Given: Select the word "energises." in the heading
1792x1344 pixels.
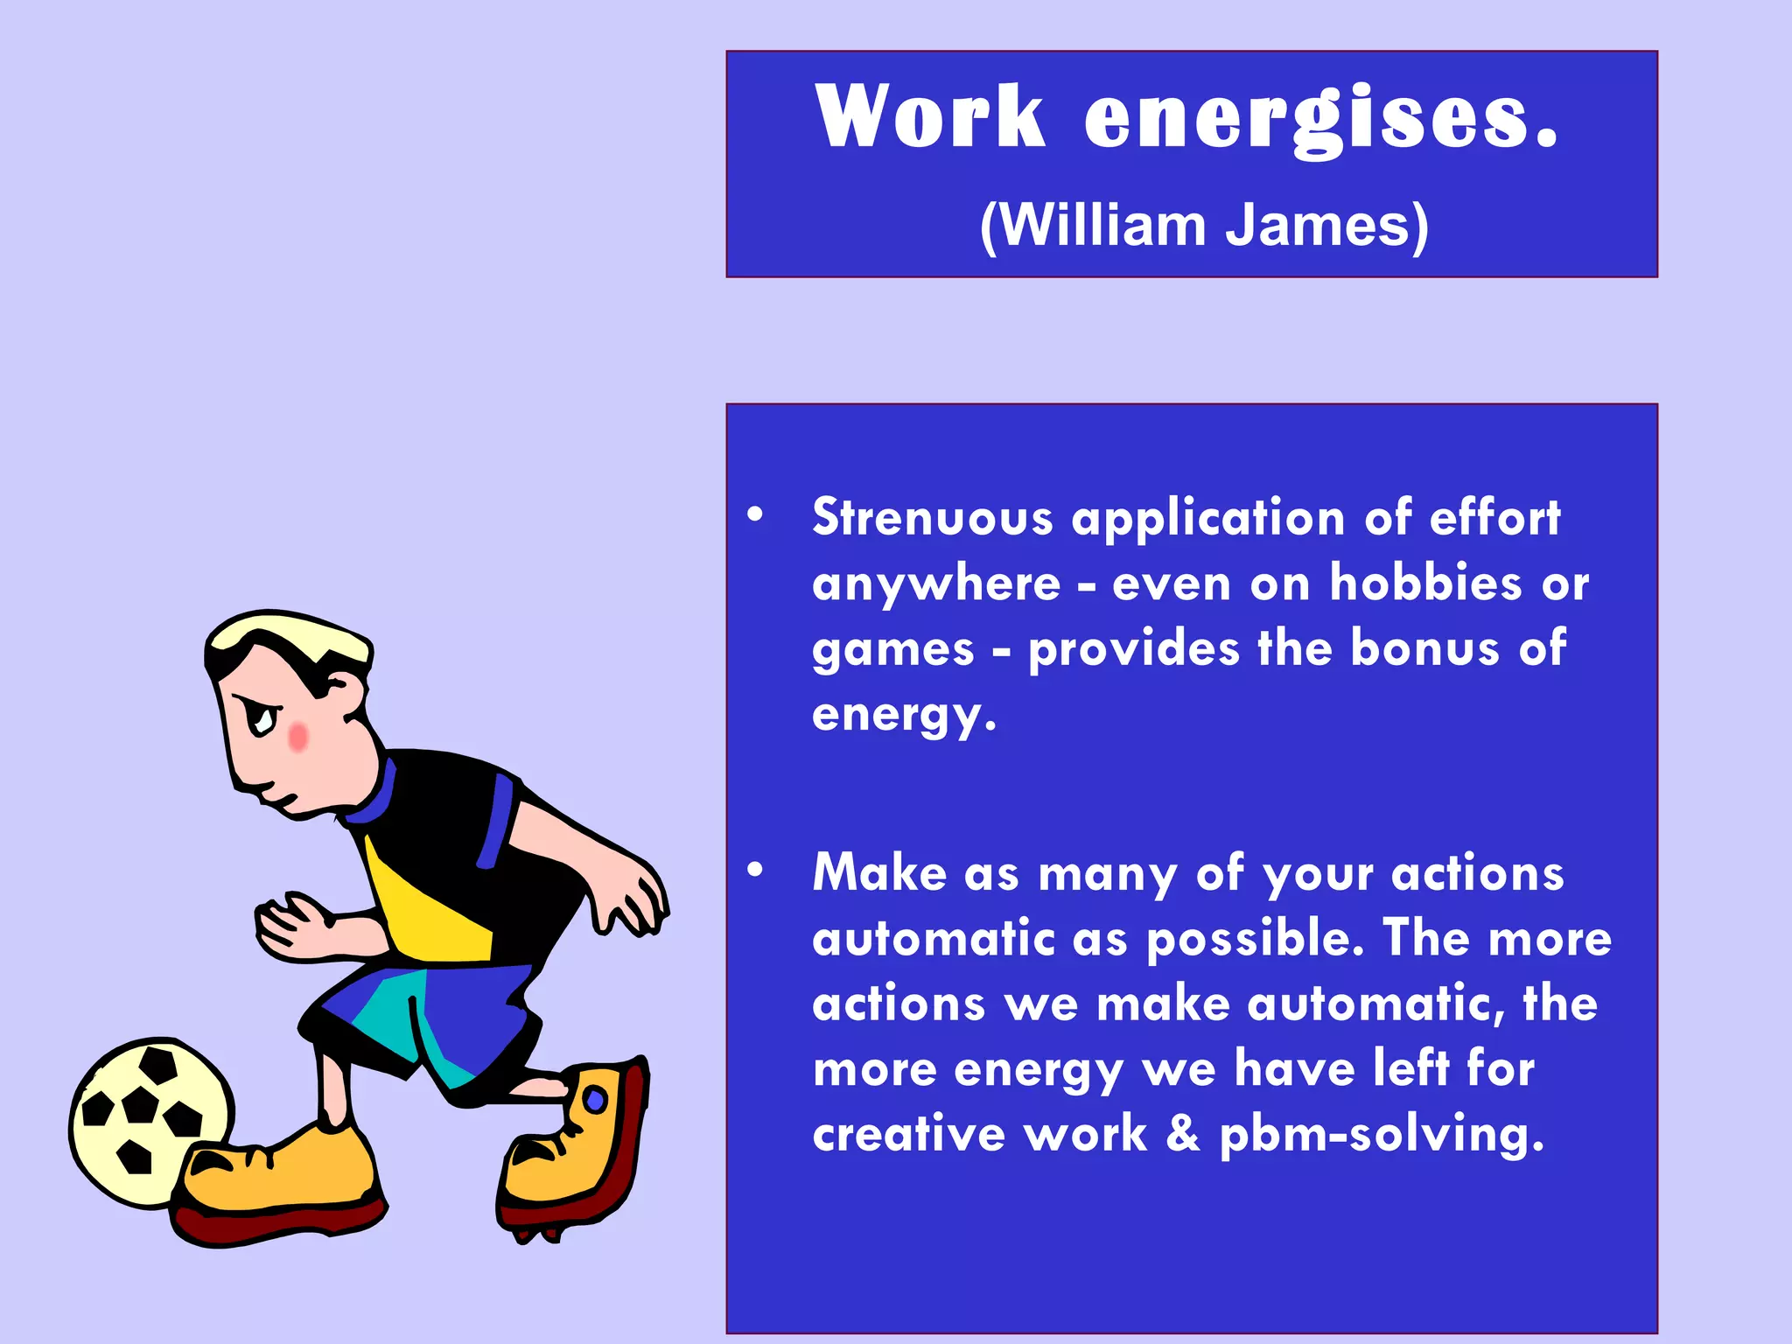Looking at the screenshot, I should pyautogui.click(x=1321, y=118).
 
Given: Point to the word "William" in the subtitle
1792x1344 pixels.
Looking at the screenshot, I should pyautogui.click(x=1102, y=226).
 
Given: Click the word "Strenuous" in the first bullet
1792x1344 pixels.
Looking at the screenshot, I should pyautogui.click(x=933, y=517).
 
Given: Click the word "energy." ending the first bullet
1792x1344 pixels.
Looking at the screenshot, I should pyautogui.click(x=904, y=716).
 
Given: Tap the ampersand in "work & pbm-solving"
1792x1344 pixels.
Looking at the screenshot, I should pyautogui.click(x=1183, y=1134).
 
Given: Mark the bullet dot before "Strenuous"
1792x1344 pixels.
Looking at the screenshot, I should pyautogui.click(x=755, y=514).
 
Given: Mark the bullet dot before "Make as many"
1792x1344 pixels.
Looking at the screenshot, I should pyautogui.click(x=755, y=870).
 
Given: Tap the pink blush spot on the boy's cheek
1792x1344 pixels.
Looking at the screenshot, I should pyautogui.click(x=298, y=737).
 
